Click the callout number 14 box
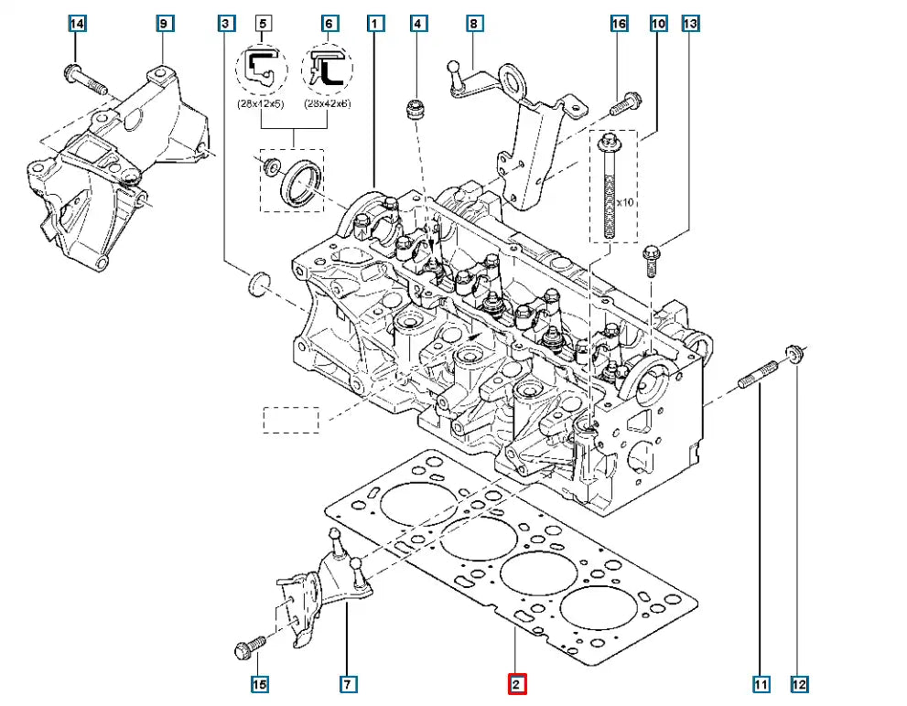pos(77,23)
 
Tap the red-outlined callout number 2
pos(516,683)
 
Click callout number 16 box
pos(620,23)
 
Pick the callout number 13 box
pos(690,23)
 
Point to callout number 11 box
pos(761,683)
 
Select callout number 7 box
pos(348,683)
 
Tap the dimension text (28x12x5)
pos(260,103)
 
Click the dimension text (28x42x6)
pos(327,103)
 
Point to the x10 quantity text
pos(626,202)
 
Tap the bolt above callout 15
pos(250,647)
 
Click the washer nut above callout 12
pos(794,352)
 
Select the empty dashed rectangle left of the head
pos(291,420)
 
